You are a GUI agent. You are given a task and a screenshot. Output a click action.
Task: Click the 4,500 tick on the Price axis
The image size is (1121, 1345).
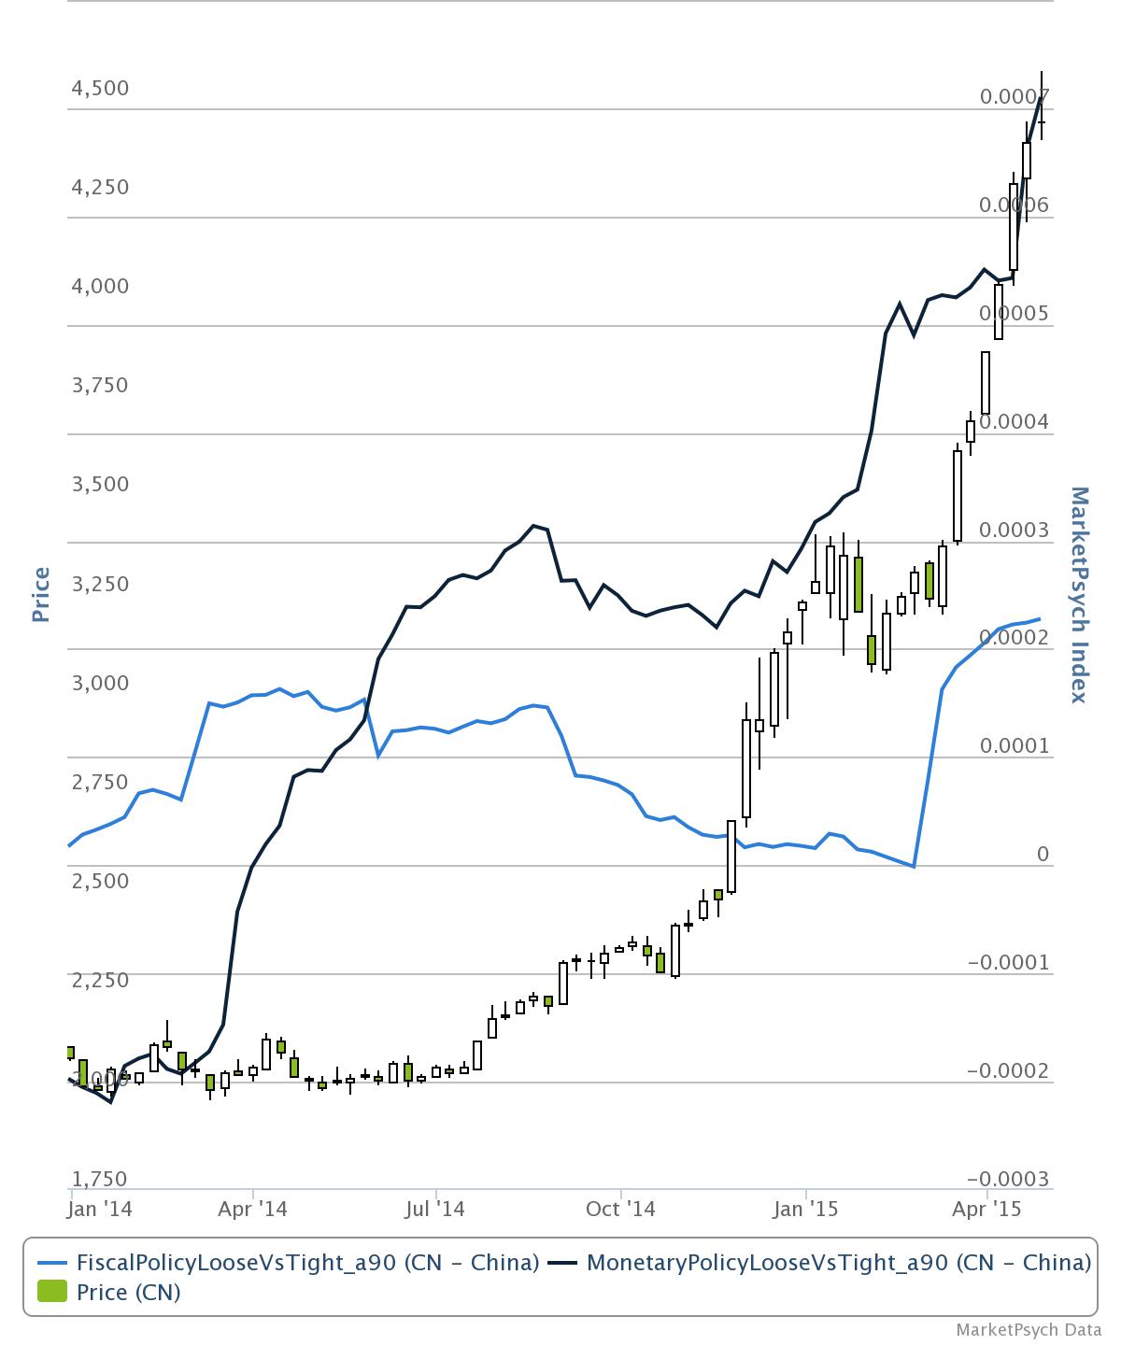coord(100,89)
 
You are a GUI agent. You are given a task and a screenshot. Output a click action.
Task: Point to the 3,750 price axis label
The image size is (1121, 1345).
coord(100,385)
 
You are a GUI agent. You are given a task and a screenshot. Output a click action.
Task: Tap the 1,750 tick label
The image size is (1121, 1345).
coord(100,1179)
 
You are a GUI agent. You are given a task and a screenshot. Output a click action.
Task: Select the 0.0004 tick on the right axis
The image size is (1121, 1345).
coord(1015,422)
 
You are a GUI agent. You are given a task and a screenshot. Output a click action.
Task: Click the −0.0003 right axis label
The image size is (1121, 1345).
coord(1008,1179)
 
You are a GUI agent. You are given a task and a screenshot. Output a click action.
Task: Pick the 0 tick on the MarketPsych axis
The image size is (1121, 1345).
coord(1043,855)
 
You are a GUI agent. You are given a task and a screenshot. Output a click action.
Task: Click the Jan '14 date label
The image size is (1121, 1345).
coord(100,1209)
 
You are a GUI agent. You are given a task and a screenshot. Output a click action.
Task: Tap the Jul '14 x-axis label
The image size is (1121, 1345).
coord(435,1209)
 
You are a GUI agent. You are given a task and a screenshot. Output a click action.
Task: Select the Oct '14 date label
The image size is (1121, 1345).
coord(620,1209)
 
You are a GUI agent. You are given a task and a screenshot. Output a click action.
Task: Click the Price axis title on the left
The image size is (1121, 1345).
coord(40,594)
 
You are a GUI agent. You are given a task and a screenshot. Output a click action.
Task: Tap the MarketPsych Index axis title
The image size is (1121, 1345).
coord(1079,594)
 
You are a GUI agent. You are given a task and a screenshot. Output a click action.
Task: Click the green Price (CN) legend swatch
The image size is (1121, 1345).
coord(52,1293)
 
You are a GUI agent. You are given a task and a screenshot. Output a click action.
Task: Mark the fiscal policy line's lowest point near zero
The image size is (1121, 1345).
coord(914,866)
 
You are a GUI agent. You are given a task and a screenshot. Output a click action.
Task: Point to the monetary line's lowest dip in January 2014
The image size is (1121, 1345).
coord(111,1102)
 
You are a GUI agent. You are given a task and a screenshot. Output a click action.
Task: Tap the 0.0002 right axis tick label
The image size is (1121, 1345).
coord(1015,638)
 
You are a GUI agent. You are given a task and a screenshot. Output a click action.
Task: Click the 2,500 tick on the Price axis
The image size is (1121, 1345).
coord(100,880)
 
